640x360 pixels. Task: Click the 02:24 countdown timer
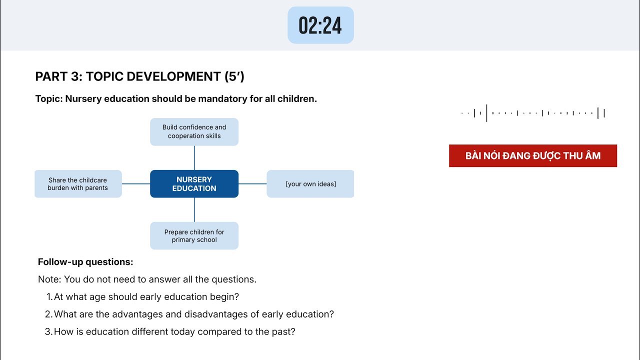click(x=320, y=25)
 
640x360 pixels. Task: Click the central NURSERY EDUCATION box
click(x=194, y=184)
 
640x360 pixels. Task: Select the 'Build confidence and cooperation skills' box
click(x=194, y=131)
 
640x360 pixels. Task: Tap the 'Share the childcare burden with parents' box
click(x=78, y=184)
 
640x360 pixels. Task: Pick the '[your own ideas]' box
click(x=310, y=184)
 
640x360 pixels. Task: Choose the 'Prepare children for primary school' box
click(x=194, y=235)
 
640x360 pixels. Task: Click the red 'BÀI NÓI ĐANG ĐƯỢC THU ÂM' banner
click(x=532, y=155)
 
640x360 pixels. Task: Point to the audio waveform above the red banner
click(x=532, y=113)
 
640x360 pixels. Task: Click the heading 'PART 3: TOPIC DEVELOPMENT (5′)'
click(x=139, y=76)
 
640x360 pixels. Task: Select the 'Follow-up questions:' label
click(x=85, y=262)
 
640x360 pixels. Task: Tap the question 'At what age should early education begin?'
click(x=146, y=297)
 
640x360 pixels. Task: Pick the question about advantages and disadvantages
click(x=193, y=314)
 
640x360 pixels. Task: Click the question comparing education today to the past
click(x=174, y=331)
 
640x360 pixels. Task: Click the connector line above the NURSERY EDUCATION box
click(x=194, y=158)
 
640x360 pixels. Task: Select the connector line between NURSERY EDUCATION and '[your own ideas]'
click(x=252, y=184)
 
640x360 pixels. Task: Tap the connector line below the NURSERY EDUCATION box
click(x=194, y=209)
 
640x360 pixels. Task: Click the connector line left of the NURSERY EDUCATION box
click(x=136, y=184)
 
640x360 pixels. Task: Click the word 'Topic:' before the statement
click(x=49, y=99)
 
